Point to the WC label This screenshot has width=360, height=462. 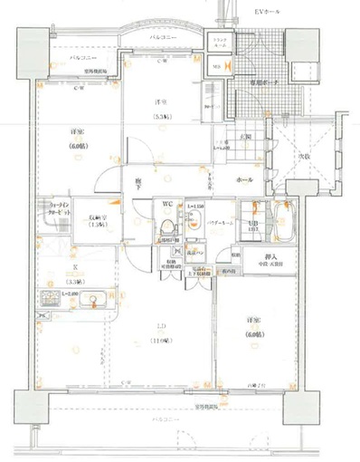point(168,206)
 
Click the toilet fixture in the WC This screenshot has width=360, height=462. point(168,226)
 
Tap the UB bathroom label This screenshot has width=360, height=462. point(256,223)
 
